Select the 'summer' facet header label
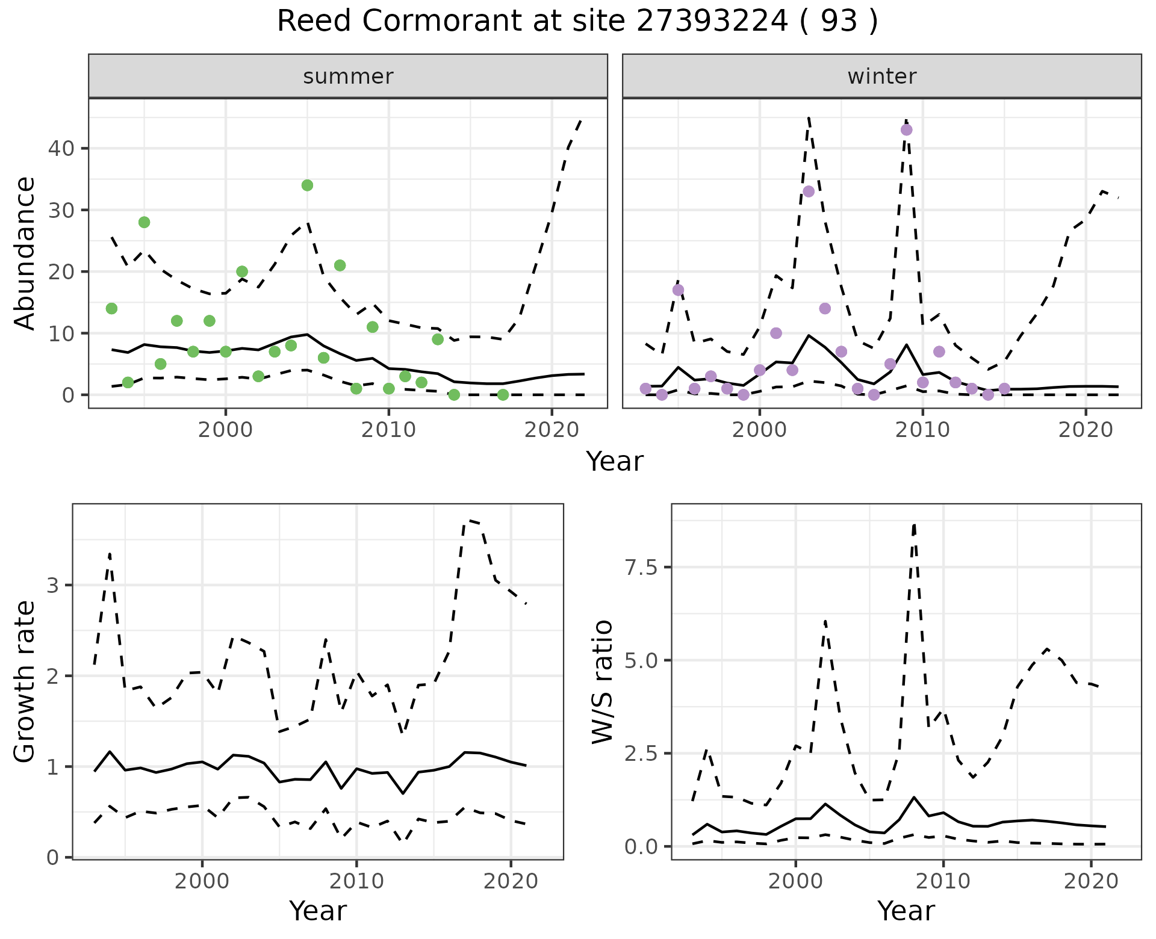coord(348,76)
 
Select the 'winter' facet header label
coord(881,76)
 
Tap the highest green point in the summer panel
coord(307,185)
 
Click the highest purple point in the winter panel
coord(906,130)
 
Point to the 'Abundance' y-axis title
coord(25,253)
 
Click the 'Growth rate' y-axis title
coord(25,681)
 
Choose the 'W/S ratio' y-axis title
coord(602,681)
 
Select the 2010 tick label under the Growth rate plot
coord(356,881)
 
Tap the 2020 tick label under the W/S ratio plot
coord(1091,881)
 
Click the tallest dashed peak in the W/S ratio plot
coord(914,525)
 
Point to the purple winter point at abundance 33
coord(809,191)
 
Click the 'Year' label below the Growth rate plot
coord(318,911)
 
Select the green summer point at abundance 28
coord(144,222)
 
